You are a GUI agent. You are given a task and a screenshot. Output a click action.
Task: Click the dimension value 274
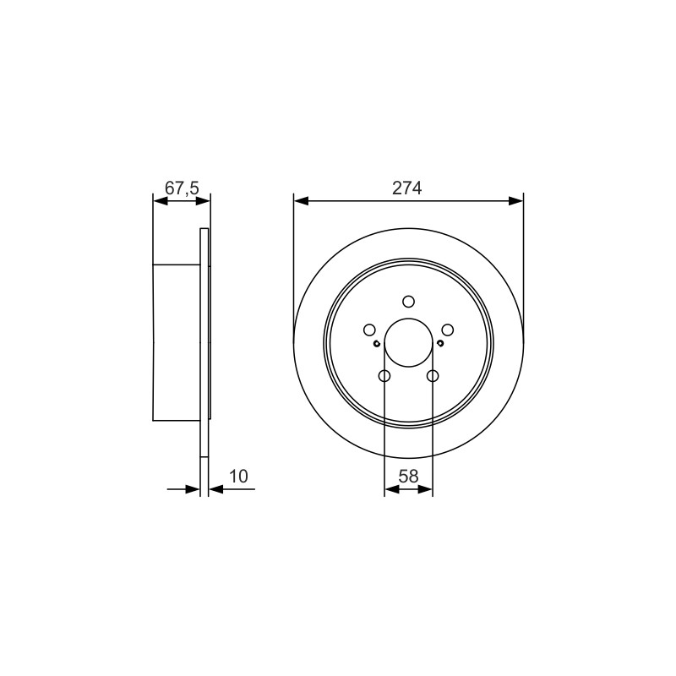pos(406,188)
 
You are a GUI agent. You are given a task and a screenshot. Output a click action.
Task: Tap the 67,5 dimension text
pos(182,188)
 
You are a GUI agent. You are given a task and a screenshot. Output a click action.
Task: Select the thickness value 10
pos(238,477)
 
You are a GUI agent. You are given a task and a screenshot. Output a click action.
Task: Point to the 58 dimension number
pos(408,477)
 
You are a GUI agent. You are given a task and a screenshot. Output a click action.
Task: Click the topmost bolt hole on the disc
pos(408,302)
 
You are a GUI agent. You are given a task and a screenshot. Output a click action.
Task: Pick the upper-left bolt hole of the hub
pos(369,330)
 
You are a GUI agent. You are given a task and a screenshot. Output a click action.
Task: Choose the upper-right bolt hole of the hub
pos(448,330)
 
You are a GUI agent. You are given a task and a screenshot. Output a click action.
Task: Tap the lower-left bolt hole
pos(384,376)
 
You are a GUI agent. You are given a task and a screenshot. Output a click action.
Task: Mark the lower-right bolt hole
pos(433,376)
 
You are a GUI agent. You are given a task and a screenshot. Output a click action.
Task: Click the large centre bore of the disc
pos(408,343)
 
